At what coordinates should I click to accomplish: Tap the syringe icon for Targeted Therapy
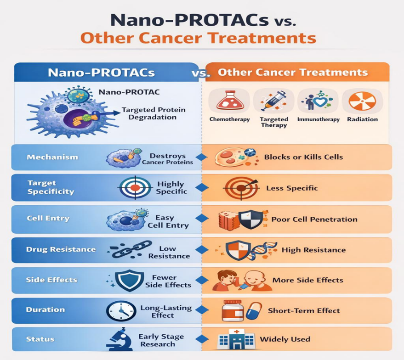(273, 101)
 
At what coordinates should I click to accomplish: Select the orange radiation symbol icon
(362, 101)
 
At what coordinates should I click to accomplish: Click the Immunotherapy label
(318, 119)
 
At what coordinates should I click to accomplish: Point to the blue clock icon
(121, 310)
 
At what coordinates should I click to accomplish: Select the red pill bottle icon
(233, 310)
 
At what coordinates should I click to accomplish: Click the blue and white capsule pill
(254, 311)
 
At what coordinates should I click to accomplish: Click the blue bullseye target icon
(135, 188)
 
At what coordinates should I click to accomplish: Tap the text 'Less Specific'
(292, 188)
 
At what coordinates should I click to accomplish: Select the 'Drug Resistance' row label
(61, 249)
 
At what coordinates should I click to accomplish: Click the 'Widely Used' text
(285, 339)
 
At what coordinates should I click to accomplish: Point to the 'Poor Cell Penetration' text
(314, 219)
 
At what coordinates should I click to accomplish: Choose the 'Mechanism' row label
(52, 157)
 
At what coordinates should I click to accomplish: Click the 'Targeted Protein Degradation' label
(154, 113)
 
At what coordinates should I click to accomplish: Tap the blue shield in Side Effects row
(129, 280)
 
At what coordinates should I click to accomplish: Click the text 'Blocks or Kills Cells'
(303, 157)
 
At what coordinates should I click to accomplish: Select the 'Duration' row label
(46, 309)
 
